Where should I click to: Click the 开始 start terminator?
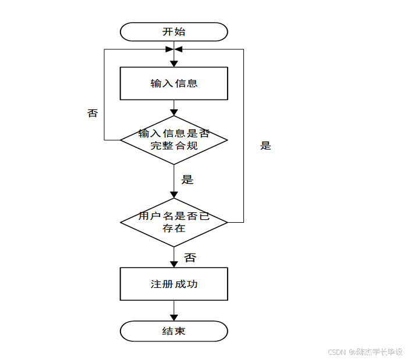pos(174,32)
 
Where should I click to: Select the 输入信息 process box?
pos(174,83)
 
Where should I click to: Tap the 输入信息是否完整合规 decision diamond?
pos(174,140)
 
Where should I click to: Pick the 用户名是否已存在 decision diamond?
pos(174,222)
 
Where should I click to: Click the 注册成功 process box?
pos(174,284)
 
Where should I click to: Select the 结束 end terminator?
pos(174,331)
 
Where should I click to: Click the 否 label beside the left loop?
pos(93,113)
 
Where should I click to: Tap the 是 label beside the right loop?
pos(266,145)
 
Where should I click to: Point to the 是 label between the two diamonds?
pos(187,179)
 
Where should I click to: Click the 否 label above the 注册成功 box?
pos(190,257)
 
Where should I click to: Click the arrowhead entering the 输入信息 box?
pos(174,63)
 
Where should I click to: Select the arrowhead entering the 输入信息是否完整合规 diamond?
pos(174,112)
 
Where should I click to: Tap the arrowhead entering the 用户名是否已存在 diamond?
pos(174,195)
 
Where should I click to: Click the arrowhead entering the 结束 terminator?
pos(174,318)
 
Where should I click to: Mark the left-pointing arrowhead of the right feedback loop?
pos(180,49)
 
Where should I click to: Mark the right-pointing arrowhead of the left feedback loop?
pos(168,49)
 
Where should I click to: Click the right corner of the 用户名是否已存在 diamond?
pos(226,222)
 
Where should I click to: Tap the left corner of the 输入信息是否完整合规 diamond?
pos(121,140)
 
